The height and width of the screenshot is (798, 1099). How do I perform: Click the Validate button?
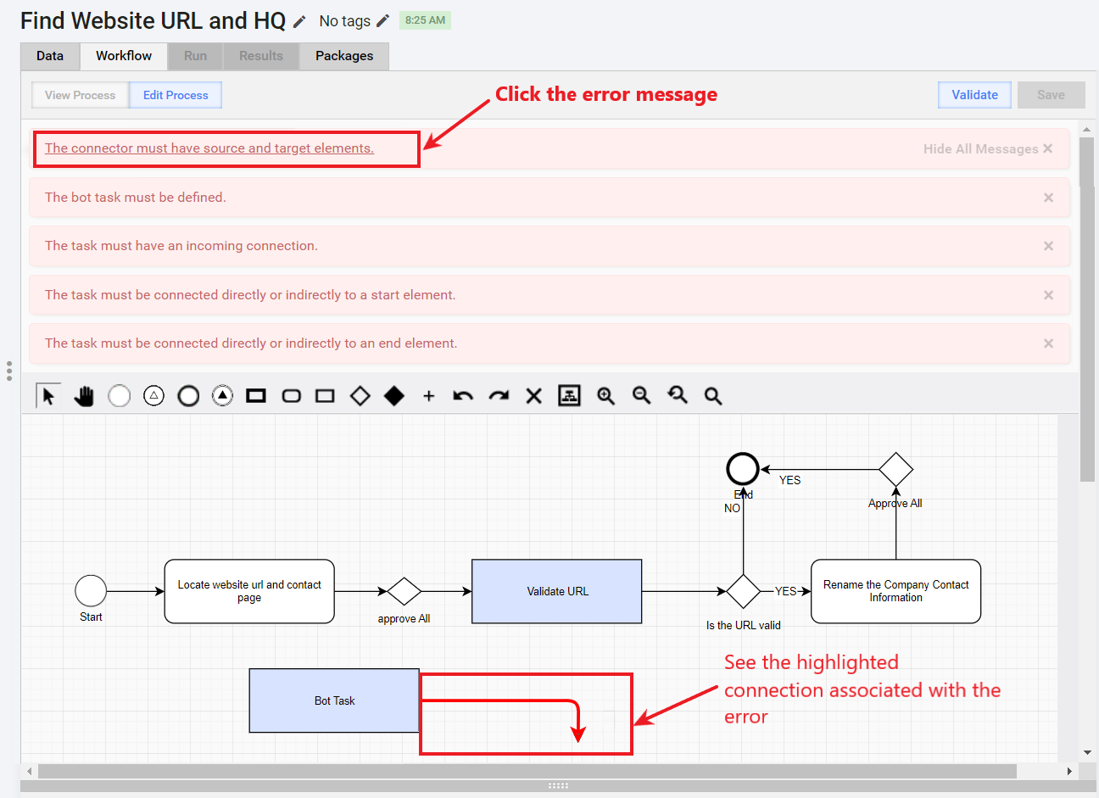[974, 95]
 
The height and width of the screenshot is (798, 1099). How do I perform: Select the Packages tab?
[344, 56]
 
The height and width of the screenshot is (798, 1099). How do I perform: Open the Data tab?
[50, 56]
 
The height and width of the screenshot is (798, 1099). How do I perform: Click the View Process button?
[80, 95]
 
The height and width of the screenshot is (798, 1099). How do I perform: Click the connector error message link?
[209, 148]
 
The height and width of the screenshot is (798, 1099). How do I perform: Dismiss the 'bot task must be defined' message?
[1048, 198]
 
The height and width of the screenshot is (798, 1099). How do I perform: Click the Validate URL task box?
[557, 591]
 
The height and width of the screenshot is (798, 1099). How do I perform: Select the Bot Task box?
[334, 700]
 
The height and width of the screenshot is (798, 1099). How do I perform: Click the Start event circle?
[91, 591]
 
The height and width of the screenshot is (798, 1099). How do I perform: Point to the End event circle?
[743, 469]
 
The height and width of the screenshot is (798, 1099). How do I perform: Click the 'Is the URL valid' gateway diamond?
[744, 591]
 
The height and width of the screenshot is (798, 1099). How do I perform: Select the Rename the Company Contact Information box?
[895, 591]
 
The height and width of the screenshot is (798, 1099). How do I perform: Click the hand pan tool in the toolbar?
[84, 396]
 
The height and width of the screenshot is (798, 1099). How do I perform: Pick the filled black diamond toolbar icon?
[394, 396]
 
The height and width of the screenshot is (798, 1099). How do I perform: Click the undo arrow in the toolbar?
[463, 396]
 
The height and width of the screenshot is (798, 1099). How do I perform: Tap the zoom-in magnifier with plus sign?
[605, 396]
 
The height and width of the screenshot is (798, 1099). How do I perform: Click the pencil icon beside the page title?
[299, 21]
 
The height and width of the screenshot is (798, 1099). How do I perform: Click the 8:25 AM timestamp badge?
[425, 20]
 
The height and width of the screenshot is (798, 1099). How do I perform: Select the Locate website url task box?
[249, 591]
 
